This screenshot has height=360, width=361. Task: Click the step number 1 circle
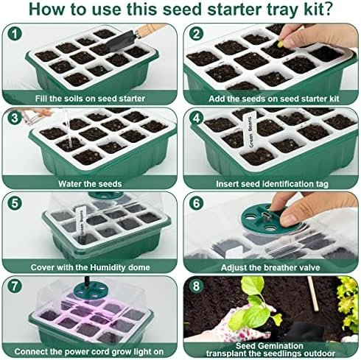click(x=15, y=34)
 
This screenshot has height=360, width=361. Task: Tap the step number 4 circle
click(x=197, y=119)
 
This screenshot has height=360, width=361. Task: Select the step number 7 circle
click(x=15, y=286)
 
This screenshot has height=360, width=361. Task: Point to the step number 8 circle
click(x=197, y=286)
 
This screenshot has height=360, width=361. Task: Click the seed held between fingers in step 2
click(x=280, y=43)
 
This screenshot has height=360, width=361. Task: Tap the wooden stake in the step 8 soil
click(x=313, y=294)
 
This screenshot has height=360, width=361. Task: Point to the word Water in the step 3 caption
click(x=69, y=183)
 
